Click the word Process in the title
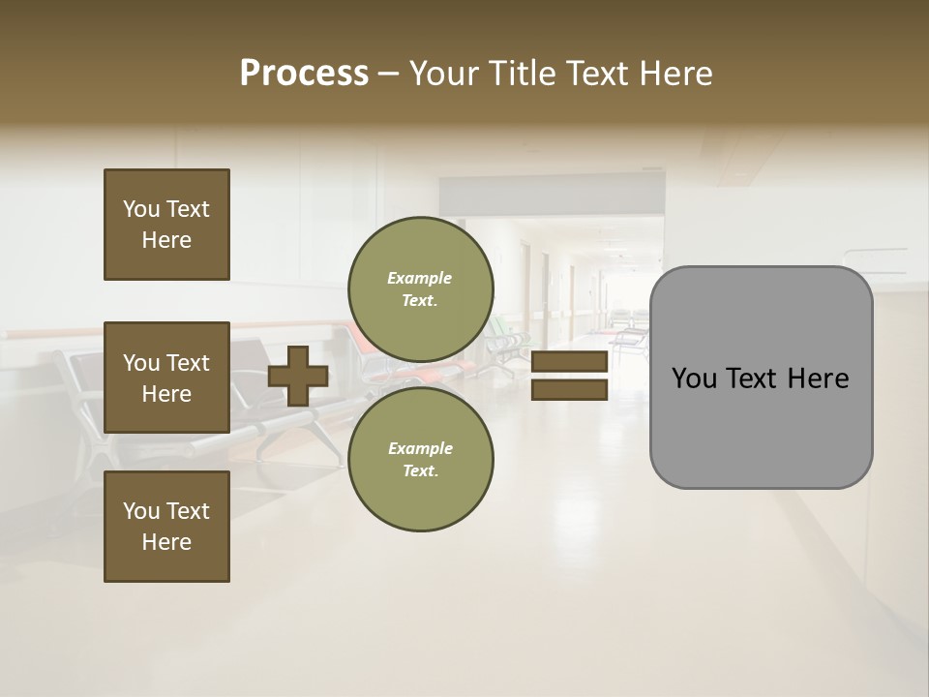click(x=304, y=74)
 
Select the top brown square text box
click(x=166, y=225)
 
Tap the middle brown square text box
click(x=166, y=378)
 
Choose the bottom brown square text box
click(x=166, y=527)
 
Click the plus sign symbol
click(x=298, y=376)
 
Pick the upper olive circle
click(x=421, y=288)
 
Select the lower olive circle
click(x=421, y=459)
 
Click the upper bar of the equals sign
click(x=569, y=362)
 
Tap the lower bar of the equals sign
click(x=569, y=389)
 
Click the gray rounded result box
click(x=761, y=378)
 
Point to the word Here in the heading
click(x=674, y=74)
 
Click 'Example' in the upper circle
click(x=419, y=278)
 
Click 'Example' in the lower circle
click(x=419, y=448)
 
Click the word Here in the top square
click(x=166, y=240)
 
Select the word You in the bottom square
click(x=141, y=511)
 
